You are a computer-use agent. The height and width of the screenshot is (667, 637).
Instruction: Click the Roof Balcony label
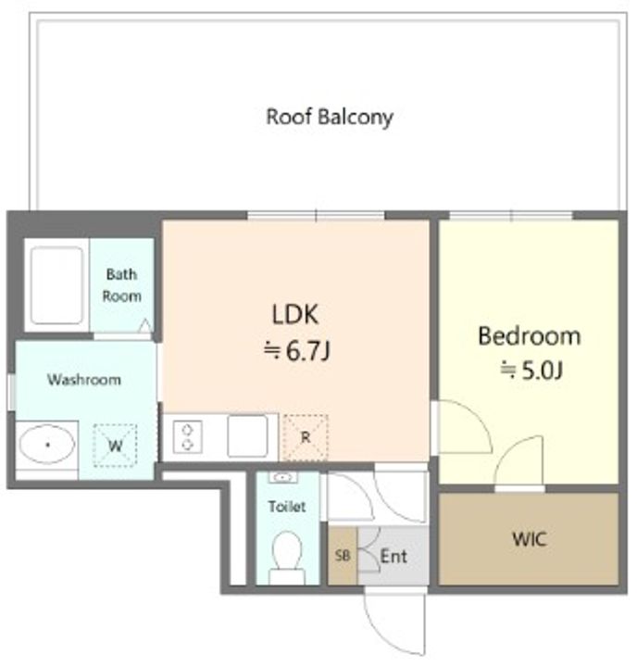point(329,117)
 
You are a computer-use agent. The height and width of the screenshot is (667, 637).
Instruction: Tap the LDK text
point(294,314)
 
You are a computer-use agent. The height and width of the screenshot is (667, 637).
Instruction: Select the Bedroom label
point(530,336)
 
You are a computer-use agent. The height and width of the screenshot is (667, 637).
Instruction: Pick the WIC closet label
point(529,539)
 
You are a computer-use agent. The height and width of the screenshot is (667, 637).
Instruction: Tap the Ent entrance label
point(393,556)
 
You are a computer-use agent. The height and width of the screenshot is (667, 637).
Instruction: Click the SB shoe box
point(343,556)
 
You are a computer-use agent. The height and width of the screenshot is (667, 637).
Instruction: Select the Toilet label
point(287,507)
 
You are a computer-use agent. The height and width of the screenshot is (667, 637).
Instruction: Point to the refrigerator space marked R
point(306,437)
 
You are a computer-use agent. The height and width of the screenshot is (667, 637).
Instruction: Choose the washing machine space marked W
point(115,446)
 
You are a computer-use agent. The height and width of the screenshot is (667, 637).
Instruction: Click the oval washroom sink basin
point(47,445)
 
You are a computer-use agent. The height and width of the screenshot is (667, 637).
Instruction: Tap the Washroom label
point(83,380)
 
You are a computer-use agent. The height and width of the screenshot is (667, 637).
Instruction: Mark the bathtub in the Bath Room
point(56,285)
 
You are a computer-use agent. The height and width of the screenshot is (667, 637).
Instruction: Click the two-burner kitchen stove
point(188,437)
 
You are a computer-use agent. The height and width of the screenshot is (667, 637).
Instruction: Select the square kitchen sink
point(247,436)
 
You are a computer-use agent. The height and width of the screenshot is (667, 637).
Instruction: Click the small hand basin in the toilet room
point(282,477)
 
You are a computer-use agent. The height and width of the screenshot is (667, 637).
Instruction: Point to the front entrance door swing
point(394,623)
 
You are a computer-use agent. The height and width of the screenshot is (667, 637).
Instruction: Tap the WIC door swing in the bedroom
point(519,461)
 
